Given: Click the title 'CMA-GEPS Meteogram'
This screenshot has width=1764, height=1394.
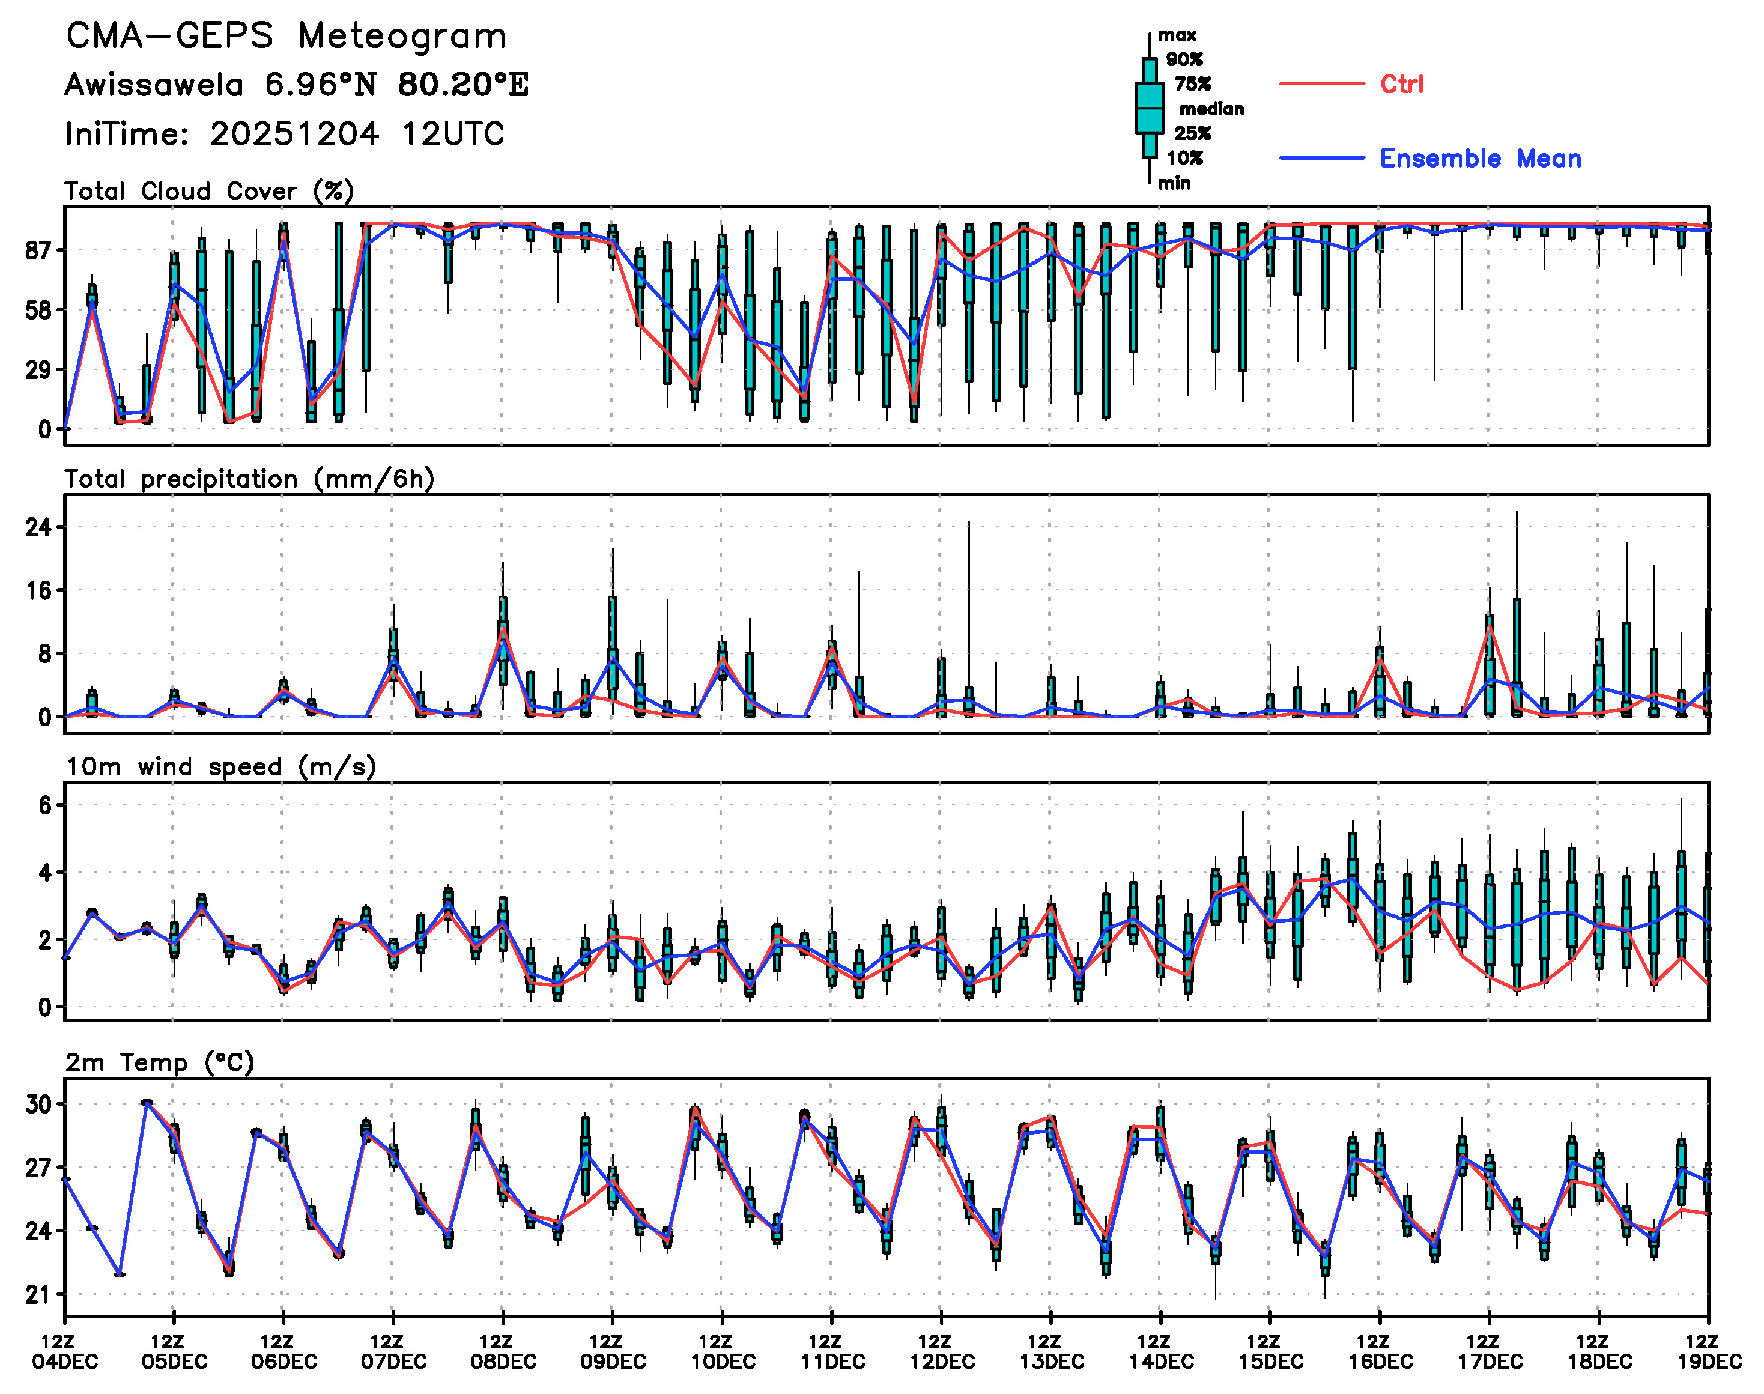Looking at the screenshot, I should pyautogui.click(x=286, y=37).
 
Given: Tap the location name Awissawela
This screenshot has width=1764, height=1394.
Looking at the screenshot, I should pyautogui.click(x=154, y=85).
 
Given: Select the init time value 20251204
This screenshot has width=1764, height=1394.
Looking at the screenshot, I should pyautogui.click(x=294, y=134).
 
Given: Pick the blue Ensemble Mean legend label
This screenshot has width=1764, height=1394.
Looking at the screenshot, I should pyautogui.click(x=1480, y=159).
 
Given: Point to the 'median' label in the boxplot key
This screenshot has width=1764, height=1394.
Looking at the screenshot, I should pyautogui.click(x=1211, y=109).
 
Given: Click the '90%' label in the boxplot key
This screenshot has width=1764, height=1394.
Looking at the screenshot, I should pyautogui.click(x=1184, y=59).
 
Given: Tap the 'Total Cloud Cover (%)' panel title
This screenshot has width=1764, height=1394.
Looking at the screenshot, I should pyautogui.click(x=209, y=192).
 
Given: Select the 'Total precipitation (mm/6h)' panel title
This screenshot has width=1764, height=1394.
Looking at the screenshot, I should pyautogui.click(x=249, y=479).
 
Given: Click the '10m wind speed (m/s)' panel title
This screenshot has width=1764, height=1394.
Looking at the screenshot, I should pyautogui.click(x=220, y=767).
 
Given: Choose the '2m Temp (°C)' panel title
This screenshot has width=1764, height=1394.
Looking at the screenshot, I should pyautogui.click(x=160, y=1062).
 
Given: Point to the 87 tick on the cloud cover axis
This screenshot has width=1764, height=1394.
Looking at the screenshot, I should pyautogui.click(x=38, y=250).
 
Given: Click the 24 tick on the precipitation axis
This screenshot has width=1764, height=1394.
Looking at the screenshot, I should pyautogui.click(x=38, y=527).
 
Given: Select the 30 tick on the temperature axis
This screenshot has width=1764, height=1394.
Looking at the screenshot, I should pyautogui.click(x=38, y=1105).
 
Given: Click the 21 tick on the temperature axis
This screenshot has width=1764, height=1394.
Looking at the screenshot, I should pyautogui.click(x=38, y=1294).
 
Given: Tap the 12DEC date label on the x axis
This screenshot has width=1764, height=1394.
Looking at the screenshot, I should pyautogui.click(x=942, y=1362).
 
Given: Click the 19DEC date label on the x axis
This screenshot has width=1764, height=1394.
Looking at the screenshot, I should pyautogui.click(x=1709, y=1362).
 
